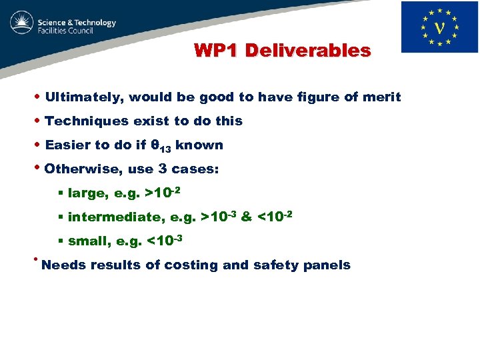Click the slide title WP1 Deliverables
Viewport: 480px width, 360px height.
point(282,50)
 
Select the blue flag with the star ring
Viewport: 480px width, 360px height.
point(439,27)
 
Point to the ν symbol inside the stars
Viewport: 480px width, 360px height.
point(440,29)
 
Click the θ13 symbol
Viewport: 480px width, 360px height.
point(162,146)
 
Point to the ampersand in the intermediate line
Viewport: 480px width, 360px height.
point(246,217)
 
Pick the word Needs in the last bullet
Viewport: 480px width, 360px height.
point(63,265)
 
